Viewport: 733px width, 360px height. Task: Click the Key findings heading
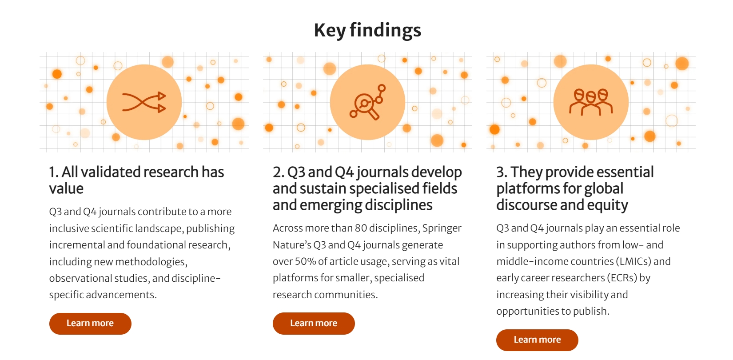367,30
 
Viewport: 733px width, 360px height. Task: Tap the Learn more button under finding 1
90,324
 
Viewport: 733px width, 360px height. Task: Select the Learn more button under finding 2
314,324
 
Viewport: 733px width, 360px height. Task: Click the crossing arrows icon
144,102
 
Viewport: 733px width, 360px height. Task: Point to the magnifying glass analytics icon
367,102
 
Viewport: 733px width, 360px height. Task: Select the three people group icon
591,102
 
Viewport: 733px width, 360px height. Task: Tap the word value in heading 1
67,189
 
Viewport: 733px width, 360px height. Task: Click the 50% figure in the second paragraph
305,261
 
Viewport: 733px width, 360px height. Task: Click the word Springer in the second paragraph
442,228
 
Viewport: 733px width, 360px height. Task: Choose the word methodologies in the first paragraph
151,262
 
